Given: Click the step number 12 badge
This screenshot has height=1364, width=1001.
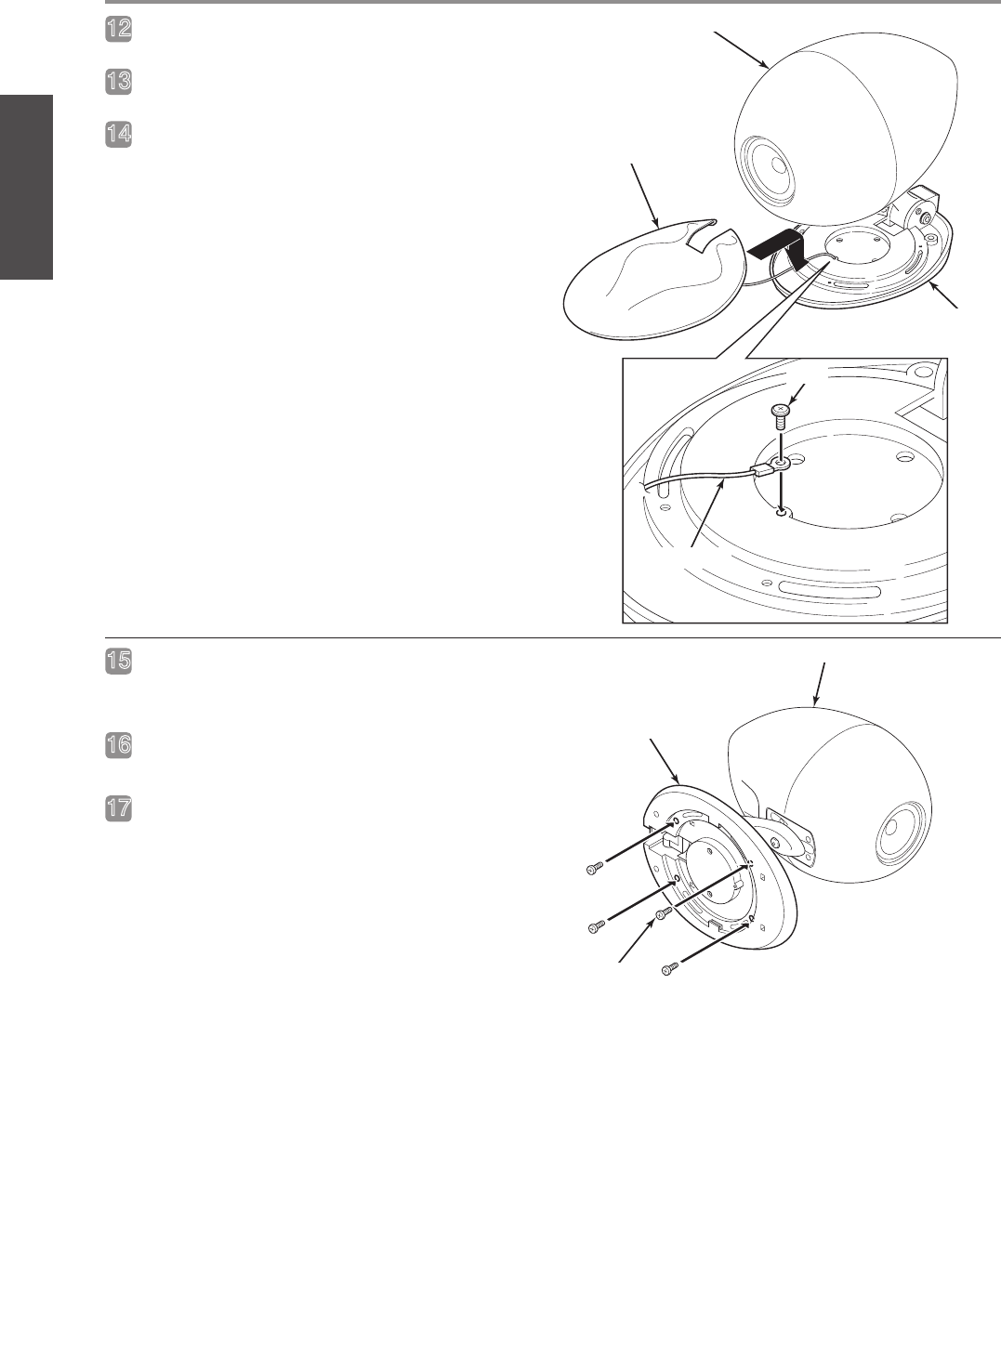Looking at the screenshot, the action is point(118,29).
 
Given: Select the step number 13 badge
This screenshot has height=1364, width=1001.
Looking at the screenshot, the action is point(118,82).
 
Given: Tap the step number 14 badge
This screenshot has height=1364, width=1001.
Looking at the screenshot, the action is point(118,134).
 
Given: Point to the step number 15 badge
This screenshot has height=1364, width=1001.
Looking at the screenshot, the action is point(118,662).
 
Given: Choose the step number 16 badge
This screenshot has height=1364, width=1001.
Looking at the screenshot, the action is point(118,745).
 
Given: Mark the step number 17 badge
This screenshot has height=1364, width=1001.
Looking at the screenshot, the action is point(118,808).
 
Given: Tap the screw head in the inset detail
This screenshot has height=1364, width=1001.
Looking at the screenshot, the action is point(781,410).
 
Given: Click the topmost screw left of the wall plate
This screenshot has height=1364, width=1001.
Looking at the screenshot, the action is point(595,868).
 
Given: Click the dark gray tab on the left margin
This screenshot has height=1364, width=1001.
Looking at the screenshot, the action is point(26,187).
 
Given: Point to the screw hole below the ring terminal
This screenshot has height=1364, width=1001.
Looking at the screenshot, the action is point(782,513).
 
